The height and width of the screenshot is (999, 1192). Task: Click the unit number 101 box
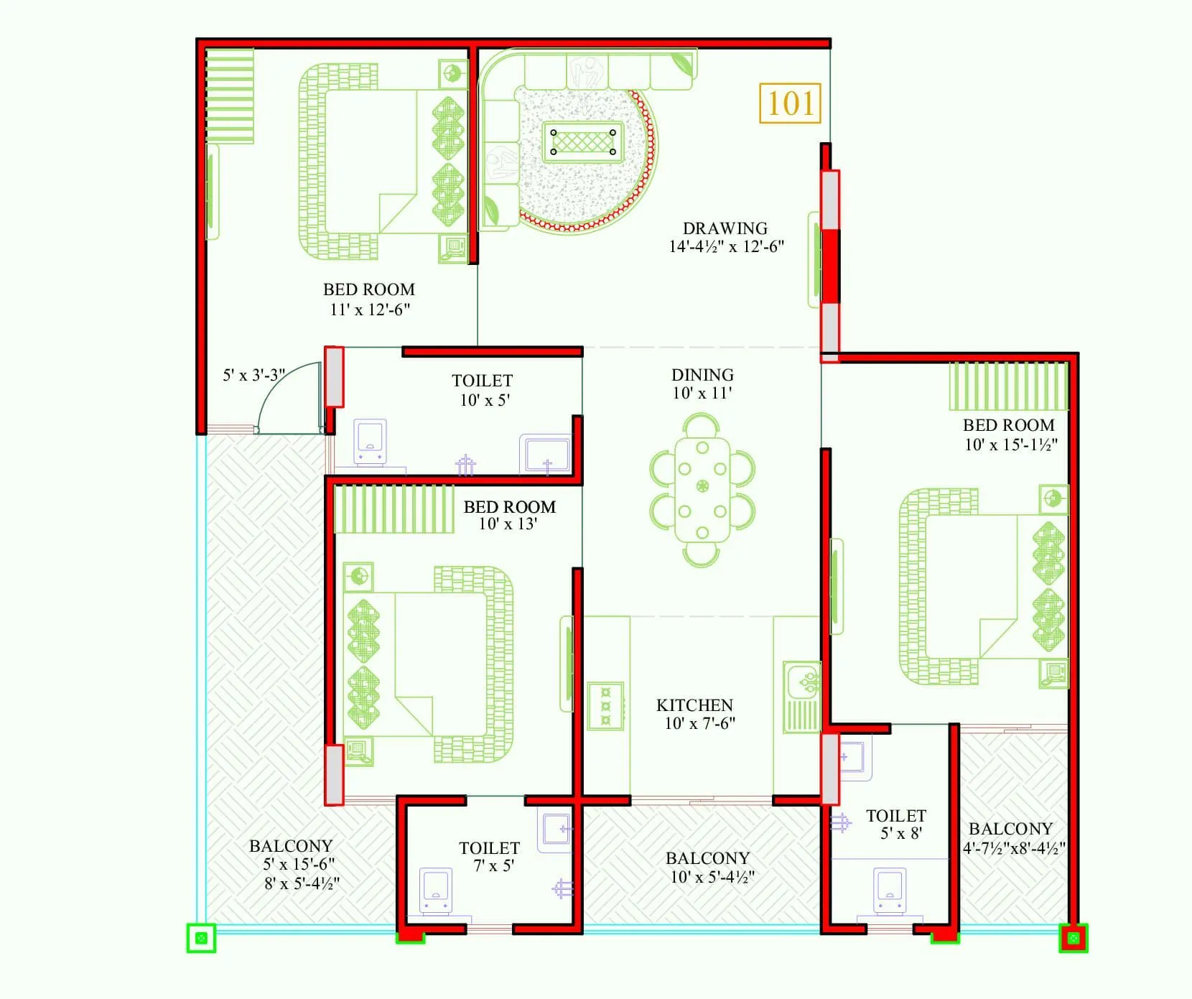click(x=790, y=103)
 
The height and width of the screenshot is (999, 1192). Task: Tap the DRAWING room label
click(x=725, y=228)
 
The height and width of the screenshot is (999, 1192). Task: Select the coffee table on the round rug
click(x=582, y=141)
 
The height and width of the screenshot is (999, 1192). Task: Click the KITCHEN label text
click(x=694, y=705)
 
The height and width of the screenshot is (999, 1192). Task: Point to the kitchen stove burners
click(x=606, y=705)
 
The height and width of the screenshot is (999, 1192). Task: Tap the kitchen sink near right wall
click(x=802, y=682)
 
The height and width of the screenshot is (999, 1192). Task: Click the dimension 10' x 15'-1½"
click(x=1010, y=445)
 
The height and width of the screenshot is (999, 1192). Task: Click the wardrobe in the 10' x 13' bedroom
click(x=394, y=509)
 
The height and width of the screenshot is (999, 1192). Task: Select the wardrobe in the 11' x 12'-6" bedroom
click(x=231, y=96)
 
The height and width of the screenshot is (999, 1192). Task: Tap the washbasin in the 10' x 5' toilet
click(x=545, y=454)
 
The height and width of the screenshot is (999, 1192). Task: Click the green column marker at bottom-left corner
click(x=201, y=937)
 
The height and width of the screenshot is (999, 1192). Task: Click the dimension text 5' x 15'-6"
click(x=299, y=864)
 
